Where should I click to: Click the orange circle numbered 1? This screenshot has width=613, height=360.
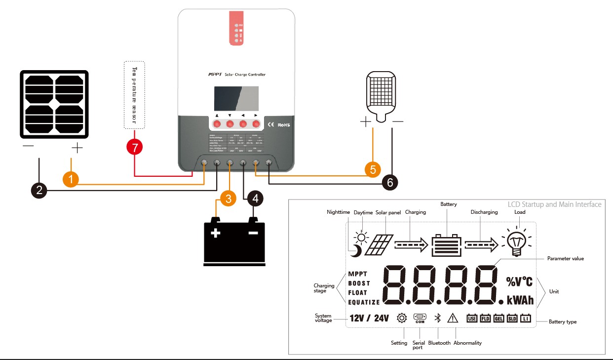click(71, 179)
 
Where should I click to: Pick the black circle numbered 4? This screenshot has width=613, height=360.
click(255, 199)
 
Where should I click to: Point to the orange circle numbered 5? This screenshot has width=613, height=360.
click(373, 169)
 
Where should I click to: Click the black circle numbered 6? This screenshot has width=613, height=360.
click(390, 182)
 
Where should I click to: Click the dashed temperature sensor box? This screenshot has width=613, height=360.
click(134, 95)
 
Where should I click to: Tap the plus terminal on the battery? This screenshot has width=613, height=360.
click(215, 233)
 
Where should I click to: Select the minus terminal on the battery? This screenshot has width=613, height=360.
click(253, 233)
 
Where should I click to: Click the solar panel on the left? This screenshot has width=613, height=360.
click(54, 105)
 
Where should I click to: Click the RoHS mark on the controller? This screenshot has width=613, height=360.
click(283, 125)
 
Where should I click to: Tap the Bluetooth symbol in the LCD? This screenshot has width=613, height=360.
click(437, 318)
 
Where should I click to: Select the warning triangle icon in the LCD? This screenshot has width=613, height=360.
click(453, 318)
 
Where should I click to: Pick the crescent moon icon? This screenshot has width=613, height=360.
click(356, 251)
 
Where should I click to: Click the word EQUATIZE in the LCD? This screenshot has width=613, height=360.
click(364, 302)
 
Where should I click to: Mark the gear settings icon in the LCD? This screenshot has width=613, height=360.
click(402, 318)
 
